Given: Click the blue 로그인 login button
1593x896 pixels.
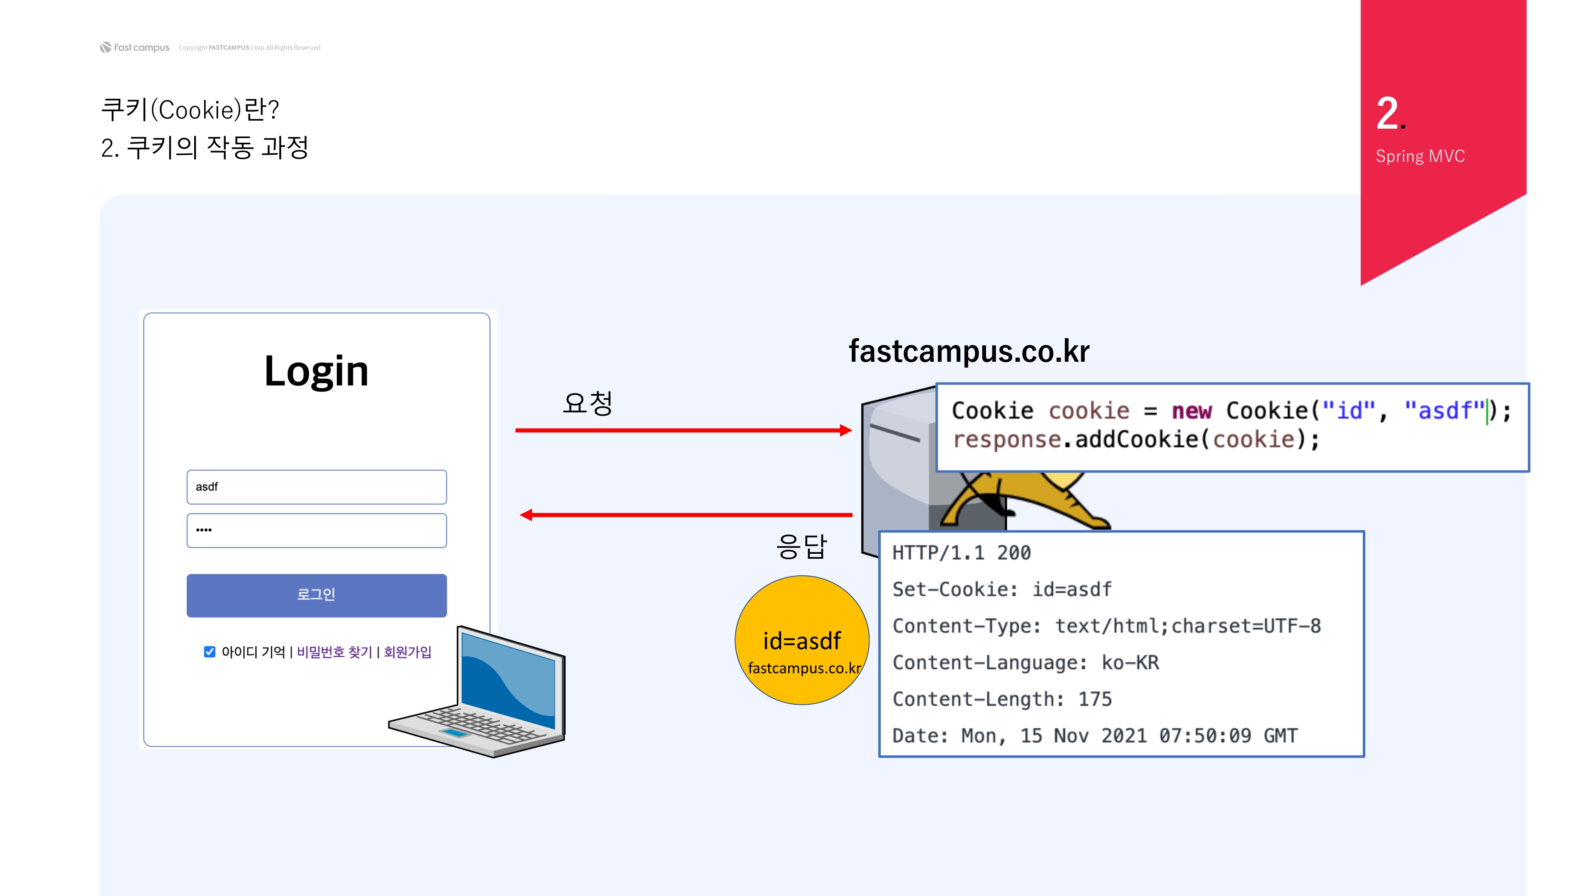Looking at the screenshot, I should coord(317,595).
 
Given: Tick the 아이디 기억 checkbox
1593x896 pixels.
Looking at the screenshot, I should coord(209,652).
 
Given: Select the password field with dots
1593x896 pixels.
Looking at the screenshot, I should coord(317,530).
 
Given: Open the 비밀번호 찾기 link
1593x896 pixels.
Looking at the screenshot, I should coord(334,652).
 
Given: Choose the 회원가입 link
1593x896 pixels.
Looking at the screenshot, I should coord(407,652).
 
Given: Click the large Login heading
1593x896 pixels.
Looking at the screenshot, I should coord(316,372).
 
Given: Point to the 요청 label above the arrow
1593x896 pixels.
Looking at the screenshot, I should coord(587,403).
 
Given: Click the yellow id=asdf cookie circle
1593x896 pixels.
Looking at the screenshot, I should coord(801,640).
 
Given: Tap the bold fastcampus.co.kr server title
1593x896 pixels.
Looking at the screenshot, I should coord(969,351).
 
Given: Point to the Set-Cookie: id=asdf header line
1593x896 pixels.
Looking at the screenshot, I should coord(1002,589).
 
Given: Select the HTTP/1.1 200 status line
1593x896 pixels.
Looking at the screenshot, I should coord(962,553).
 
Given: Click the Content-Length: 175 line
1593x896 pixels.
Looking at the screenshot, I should coord(1002,699).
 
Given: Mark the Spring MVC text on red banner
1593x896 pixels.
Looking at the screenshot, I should coord(1420,156).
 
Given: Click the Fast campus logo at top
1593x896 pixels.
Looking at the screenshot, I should coord(135,48).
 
